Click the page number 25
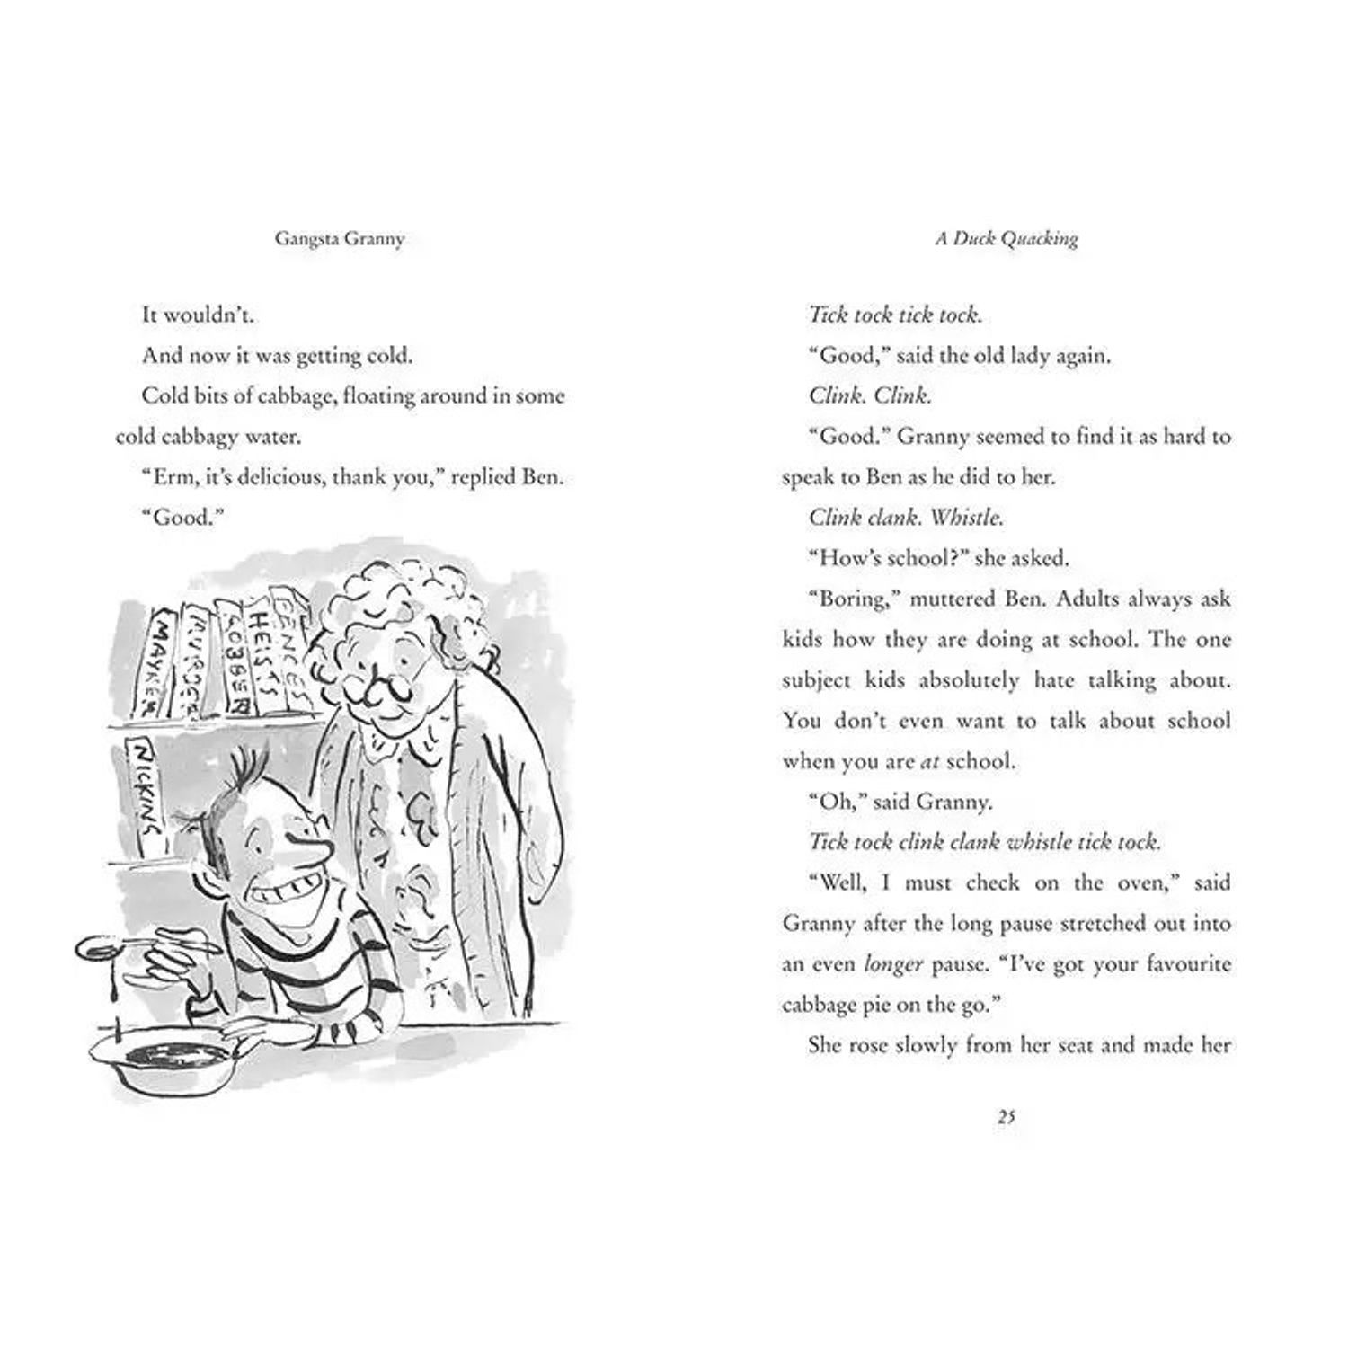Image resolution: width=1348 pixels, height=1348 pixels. click(x=1006, y=1117)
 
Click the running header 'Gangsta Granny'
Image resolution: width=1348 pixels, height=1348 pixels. click(x=340, y=239)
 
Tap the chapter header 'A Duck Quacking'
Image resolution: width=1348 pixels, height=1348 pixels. click(x=1006, y=239)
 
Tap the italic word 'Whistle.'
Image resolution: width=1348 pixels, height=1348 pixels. click(x=966, y=518)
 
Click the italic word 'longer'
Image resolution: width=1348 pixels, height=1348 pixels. click(x=892, y=964)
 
